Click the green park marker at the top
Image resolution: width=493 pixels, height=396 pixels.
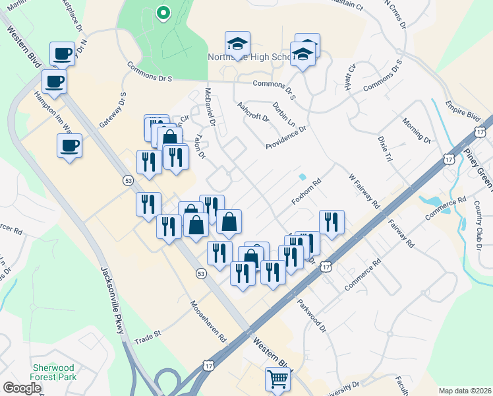[163, 13]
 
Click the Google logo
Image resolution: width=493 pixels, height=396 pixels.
[22, 388]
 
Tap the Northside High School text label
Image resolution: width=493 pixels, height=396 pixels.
[250, 57]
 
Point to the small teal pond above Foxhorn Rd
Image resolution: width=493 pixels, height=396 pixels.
[302, 177]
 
